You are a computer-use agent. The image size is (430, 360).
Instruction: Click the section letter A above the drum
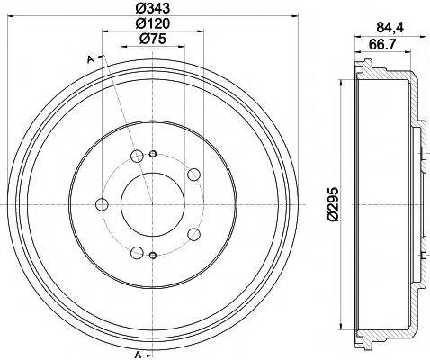(x=91, y=59)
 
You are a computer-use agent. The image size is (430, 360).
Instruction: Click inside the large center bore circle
(x=151, y=203)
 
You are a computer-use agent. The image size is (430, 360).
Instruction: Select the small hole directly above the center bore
(x=152, y=153)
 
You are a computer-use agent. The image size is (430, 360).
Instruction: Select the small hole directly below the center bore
(x=152, y=256)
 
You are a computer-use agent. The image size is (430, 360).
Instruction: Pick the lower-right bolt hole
(x=193, y=236)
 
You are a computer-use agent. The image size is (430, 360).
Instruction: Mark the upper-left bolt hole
(x=137, y=158)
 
